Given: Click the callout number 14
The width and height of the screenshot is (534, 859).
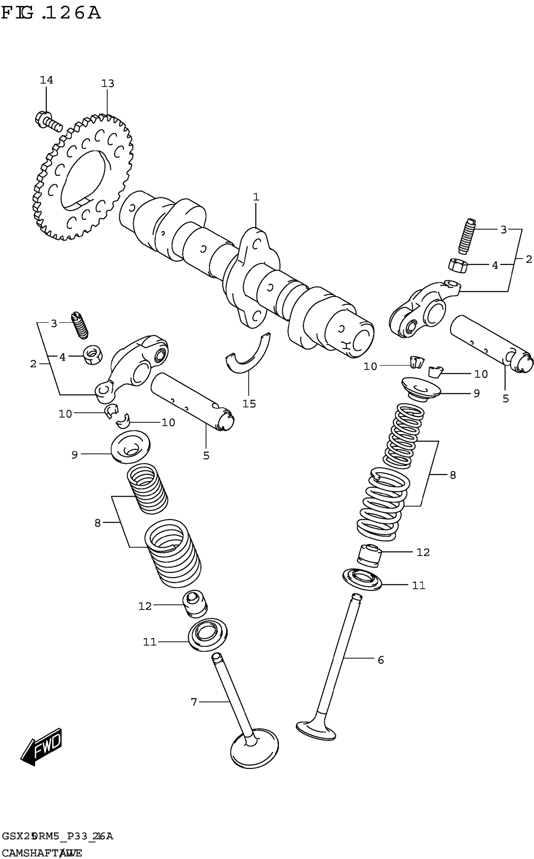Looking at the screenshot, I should point(46,80).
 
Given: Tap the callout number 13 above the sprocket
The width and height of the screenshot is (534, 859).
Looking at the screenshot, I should point(108,84).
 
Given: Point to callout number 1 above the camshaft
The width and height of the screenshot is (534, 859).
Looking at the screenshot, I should point(256,197).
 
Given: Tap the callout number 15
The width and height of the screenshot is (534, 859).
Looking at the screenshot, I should point(249,404).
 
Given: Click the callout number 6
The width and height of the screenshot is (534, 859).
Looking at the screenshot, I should point(380,660).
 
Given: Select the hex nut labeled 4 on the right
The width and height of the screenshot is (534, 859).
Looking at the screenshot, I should point(458,265).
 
